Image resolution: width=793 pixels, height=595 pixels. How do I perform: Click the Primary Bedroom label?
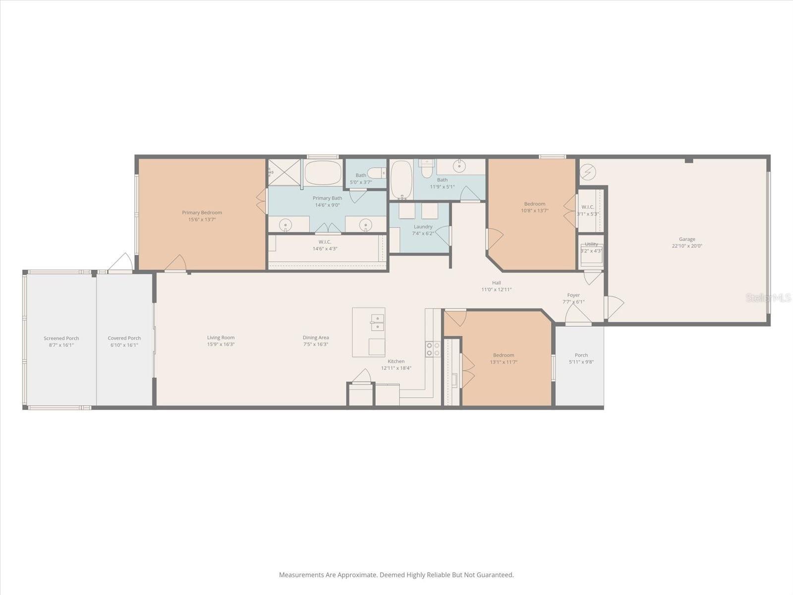tap(202, 213)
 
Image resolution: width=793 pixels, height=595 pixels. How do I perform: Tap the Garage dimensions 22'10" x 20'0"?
tap(687, 246)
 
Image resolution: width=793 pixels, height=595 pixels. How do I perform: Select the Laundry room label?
tap(423, 227)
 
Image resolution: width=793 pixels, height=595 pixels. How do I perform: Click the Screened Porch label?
tap(61, 338)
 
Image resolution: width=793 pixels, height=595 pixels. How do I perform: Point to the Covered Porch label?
tap(124, 338)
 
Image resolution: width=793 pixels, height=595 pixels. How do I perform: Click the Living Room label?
tap(221, 338)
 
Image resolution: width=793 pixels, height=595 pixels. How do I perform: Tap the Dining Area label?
tap(316, 338)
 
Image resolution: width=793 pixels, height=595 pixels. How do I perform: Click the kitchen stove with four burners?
tap(433, 349)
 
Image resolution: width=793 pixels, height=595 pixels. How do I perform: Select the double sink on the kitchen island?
tap(377, 322)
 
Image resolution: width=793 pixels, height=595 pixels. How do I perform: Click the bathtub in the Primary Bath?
tap(323, 173)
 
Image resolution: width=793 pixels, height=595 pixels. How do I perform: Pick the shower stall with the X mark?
tap(284, 173)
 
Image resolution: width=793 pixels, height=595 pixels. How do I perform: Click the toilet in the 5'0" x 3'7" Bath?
tap(378, 173)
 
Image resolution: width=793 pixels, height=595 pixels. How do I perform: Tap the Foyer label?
tap(573, 295)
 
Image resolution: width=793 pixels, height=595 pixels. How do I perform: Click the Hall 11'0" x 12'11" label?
tap(496, 286)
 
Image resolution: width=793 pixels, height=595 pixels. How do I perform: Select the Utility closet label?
tap(591, 244)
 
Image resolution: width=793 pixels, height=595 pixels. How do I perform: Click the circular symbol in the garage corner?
tap(588, 172)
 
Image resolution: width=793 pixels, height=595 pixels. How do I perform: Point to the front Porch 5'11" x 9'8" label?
tap(581, 355)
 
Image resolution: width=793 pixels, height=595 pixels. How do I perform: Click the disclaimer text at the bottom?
tap(396, 575)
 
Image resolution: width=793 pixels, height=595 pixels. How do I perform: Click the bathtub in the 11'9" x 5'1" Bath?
tap(401, 179)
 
